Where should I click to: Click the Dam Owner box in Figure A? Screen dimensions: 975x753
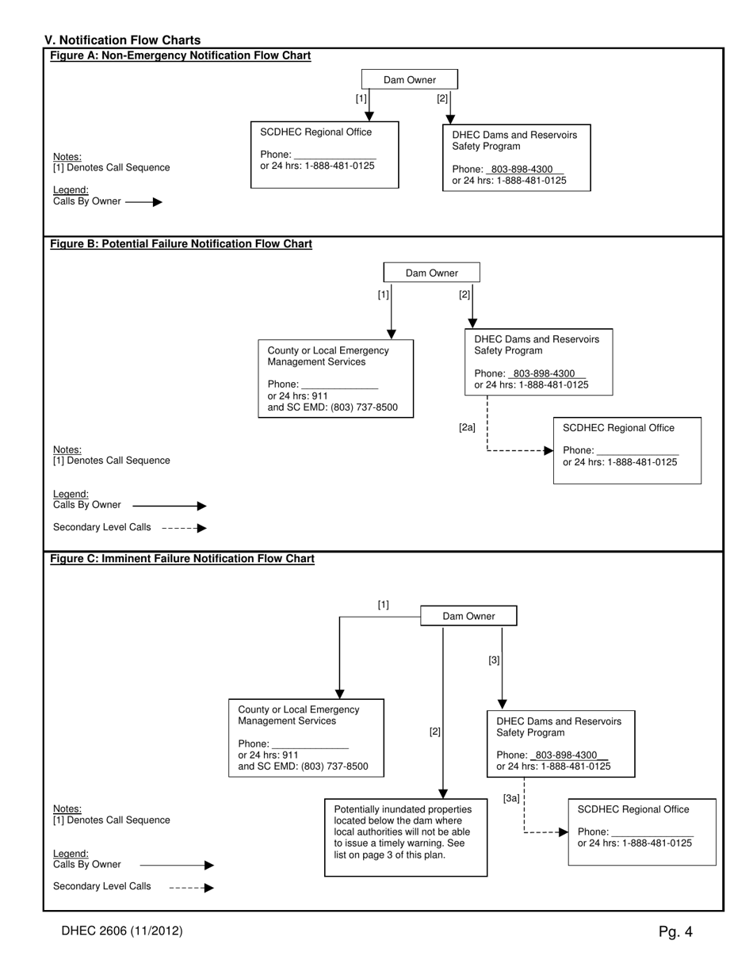tap(410, 79)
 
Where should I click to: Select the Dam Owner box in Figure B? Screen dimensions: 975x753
tap(431, 273)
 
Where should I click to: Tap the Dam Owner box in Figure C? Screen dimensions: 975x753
tap(468, 616)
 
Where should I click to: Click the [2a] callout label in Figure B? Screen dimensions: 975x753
tap(467, 428)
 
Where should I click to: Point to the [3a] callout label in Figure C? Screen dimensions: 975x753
tap(511, 798)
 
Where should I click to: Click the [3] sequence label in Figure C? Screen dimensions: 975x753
tap(494, 660)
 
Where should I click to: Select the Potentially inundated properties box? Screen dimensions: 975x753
tap(406, 837)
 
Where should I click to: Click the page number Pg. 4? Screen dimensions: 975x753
tap(675, 931)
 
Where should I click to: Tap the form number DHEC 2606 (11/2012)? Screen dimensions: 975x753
tap(122, 931)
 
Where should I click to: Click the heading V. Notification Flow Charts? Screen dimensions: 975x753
tap(123, 40)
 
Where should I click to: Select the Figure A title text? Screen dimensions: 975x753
tap(181, 55)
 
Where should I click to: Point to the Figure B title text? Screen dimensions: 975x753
tap(182, 243)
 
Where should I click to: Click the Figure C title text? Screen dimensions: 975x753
tap(182, 559)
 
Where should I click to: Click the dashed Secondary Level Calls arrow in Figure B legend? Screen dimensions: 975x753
tap(184, 528)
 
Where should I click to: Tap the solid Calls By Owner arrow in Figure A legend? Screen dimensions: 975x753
tap(144, 202)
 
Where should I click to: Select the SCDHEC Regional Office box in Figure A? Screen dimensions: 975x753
tap(324, 155)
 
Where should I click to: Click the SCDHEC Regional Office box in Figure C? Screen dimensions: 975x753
tap(642, 832)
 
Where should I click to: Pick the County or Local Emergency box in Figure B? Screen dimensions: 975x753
tap(335, 379)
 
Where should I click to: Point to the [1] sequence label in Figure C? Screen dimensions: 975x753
tap(383, 605)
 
